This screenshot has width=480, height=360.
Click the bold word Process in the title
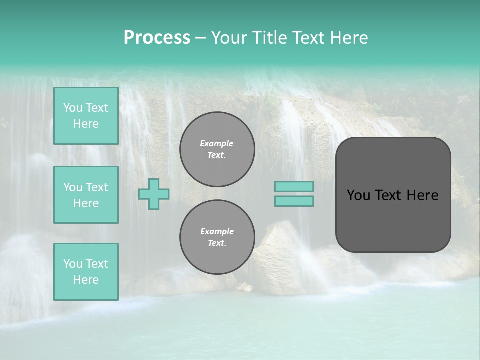point(157,38)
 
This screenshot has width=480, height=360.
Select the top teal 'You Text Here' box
point(86,116)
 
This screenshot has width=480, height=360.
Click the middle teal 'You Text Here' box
point(86,195)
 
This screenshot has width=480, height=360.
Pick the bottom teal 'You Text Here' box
point(86,271)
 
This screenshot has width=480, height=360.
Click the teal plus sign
point(154,194)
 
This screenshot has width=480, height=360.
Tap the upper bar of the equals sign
point(294,186)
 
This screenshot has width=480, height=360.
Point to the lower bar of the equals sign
point(294,201)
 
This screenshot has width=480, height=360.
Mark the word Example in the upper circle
point(217,143)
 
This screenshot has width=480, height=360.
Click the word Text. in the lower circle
point(217,243)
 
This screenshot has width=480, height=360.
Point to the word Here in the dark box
point(422,195)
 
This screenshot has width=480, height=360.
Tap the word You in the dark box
point(359,195)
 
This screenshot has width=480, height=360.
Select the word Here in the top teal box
point(86,124)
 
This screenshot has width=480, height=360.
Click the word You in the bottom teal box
point(73,263)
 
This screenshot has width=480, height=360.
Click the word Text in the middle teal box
point(97,187)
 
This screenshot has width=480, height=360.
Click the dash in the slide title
point(201,38)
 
